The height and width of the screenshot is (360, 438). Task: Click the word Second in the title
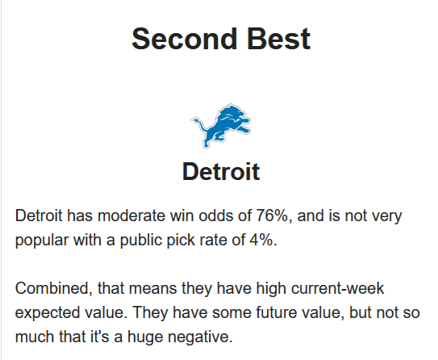click(184, 39)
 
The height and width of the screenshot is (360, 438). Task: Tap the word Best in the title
click(279, 39)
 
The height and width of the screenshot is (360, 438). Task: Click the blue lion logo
click(221, 125)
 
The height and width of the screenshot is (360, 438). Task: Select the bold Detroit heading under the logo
click(221, 171)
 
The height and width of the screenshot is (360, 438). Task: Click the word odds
click(215, 216)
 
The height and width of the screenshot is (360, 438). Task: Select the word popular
click(42, 241)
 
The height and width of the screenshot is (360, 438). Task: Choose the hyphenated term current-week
click(337, 288)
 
